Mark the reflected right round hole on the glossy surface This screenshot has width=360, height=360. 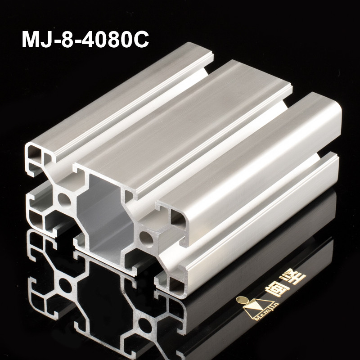[x=146, y=325]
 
